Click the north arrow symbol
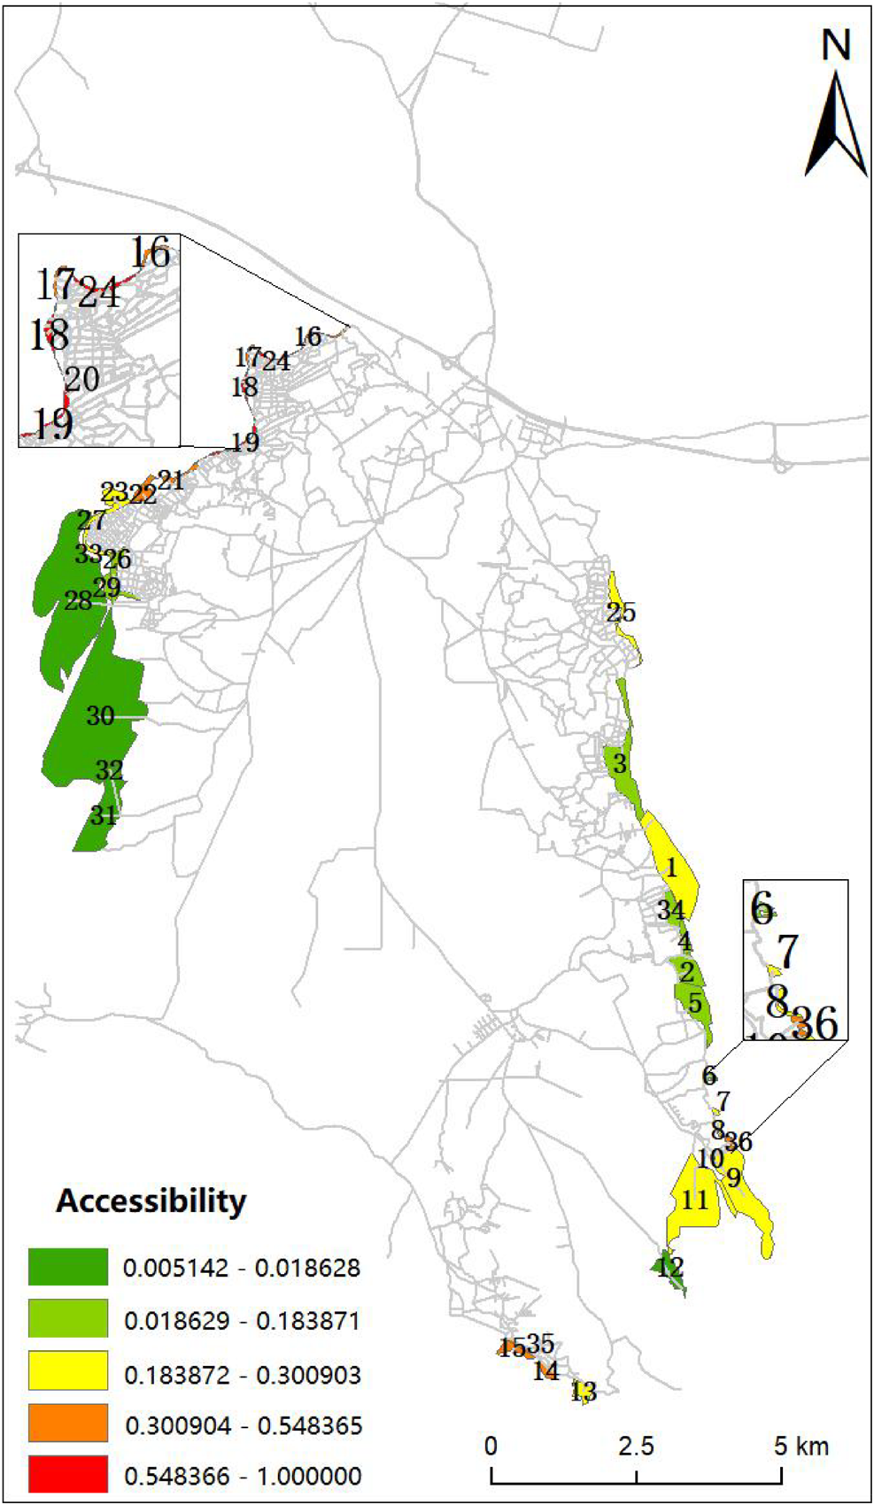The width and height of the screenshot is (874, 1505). click(836, 124)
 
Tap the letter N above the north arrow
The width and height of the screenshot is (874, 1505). click(836, 46)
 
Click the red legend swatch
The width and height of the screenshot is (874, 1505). click(67, 1475)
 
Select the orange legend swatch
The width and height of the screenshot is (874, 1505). click(67, 1424)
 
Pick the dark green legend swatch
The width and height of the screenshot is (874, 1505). click(67, 1267)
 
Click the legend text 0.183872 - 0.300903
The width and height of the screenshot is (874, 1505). click(242, 1375)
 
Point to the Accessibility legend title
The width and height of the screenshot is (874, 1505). click(151, 1201)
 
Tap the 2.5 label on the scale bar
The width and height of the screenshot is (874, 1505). click(636, 1447)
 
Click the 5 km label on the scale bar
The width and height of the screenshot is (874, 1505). click(801, 1447)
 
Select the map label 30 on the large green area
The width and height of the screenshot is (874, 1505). click(100, 716)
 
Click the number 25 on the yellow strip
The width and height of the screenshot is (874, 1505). click(621, 613)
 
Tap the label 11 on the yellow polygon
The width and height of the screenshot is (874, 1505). click(695, 1200)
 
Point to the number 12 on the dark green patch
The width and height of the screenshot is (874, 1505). click(670, 1267)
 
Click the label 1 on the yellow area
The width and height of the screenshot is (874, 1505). click(671, 868)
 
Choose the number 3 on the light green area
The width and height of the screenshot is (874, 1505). click(620, 764)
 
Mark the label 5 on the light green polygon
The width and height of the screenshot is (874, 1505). click(695, 1004)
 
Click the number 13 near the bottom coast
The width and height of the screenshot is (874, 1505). click(583, 1393)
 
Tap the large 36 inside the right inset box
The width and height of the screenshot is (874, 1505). click(815, 1023)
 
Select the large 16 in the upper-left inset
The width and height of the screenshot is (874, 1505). click(151, 253)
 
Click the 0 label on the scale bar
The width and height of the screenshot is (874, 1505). click(491, 1447)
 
